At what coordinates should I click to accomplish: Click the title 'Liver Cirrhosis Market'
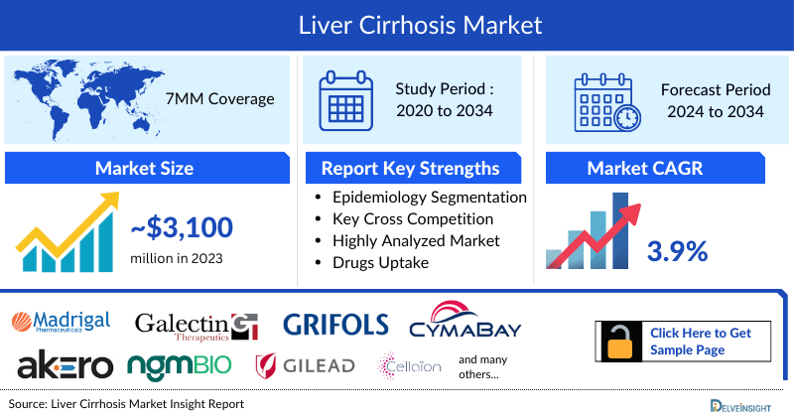pos(396,23)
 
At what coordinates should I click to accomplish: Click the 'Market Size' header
pos(144,168)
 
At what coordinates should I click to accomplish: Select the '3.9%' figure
pos(677,251)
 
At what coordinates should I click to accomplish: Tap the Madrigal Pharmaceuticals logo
pos(62,321)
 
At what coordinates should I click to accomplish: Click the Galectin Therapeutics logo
pos(197,324)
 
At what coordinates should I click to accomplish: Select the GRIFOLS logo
pos(336,325)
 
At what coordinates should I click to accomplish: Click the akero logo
pos(64,364)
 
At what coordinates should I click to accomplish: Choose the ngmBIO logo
pos(180,365)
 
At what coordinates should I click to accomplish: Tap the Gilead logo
pos(305,365)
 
